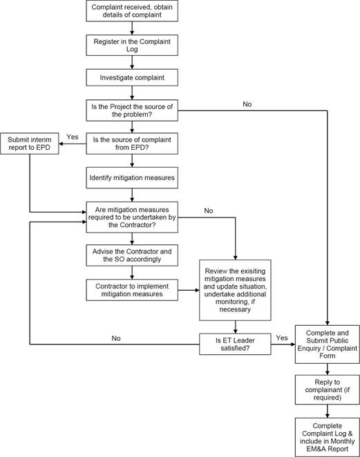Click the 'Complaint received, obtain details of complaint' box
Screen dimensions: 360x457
coord(132,11)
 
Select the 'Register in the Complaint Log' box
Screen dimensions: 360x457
coord(132,45)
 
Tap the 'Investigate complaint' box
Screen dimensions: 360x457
coord(132,77)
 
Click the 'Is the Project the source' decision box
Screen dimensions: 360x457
coord(132,110)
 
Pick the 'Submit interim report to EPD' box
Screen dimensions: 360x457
coord(30,144)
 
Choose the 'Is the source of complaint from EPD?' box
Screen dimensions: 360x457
coord(132,144)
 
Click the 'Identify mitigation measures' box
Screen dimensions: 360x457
coord(132,178)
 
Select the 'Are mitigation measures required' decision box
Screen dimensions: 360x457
coord(132,217)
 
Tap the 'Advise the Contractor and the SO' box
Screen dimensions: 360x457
coord(132,255)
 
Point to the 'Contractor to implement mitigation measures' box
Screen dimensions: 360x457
coord(132,291)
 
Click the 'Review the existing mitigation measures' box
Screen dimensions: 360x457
coord(235,291)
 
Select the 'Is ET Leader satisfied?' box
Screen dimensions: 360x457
coord(235,344)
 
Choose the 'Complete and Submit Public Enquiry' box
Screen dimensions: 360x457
coord(328,344)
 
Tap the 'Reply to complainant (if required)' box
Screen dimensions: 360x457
coord(328,389)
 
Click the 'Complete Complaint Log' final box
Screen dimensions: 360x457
coord(328,437)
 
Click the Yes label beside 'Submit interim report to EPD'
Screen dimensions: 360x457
coord(73,137)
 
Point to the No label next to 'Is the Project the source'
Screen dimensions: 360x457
coord(247,104)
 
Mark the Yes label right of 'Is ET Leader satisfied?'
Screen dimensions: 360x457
coord(282,338)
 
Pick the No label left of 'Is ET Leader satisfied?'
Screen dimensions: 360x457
coord(116,338)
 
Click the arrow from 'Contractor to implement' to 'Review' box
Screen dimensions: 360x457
coord(189,291)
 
